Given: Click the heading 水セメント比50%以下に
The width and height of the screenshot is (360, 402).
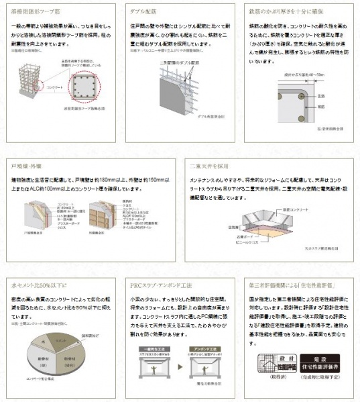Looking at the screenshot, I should click(40, 285).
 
